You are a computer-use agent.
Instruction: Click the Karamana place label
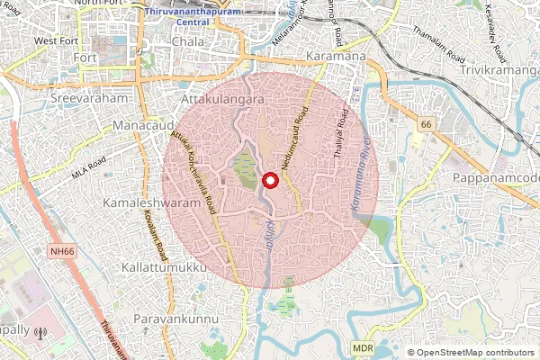point(336,58)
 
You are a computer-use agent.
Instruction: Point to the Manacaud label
point(145,124)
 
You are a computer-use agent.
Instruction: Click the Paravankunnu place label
point(171,319)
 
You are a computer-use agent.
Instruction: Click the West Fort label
point(57,41)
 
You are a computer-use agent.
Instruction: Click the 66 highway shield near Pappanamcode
point(426,122)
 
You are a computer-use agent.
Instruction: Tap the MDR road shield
point(363,346)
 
